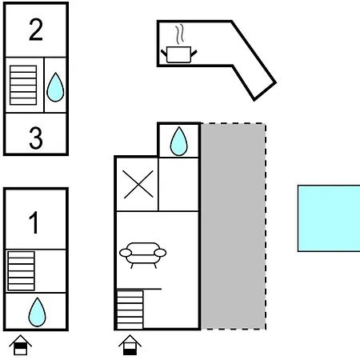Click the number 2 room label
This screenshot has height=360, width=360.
pyautogui.click(x=36, y=30)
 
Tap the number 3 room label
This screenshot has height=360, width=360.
pyautogui.click(x=36, y=138)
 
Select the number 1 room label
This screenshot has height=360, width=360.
pyautogui.click(x=34, y=222)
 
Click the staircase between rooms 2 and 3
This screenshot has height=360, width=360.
pyautogui.click(x=23, y=85)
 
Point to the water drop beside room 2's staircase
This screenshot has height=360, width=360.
pyautogui.click(x=55, y=87)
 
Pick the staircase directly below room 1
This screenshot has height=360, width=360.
pyautogui.click(x=22, y=271)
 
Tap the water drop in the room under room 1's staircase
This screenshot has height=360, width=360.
pyautogui.click(x=37, y=312)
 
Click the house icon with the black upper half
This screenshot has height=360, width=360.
pyautogui.click(x=21, y=345)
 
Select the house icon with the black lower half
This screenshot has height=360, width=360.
pyautogui.click(x=130, y=345)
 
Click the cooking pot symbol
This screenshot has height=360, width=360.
pyautogui.click(x=178, y=54)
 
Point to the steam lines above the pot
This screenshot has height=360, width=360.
pyautogui.click(x=180, y=34)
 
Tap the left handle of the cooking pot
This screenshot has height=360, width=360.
pyautogui.click(x=164, y=53)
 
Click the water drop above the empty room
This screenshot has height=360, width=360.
pyautogui.click(x=179, y=141)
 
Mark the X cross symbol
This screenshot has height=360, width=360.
pyautogui.click(x=138, y=184)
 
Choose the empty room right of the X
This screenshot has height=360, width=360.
pyautogui.click(x=178, y=184)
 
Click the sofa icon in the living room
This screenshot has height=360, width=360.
pyautogui.click(x=143, y=255)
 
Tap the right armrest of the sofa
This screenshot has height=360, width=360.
pyautogui.click(x=160, y=253)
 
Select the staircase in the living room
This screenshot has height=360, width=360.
pyautogui.click(x=130, y=310)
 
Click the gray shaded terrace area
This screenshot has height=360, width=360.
pyautogui.click(x=234, y=226)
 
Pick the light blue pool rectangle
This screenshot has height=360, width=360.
pyautogui.click(x=329, y=218)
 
